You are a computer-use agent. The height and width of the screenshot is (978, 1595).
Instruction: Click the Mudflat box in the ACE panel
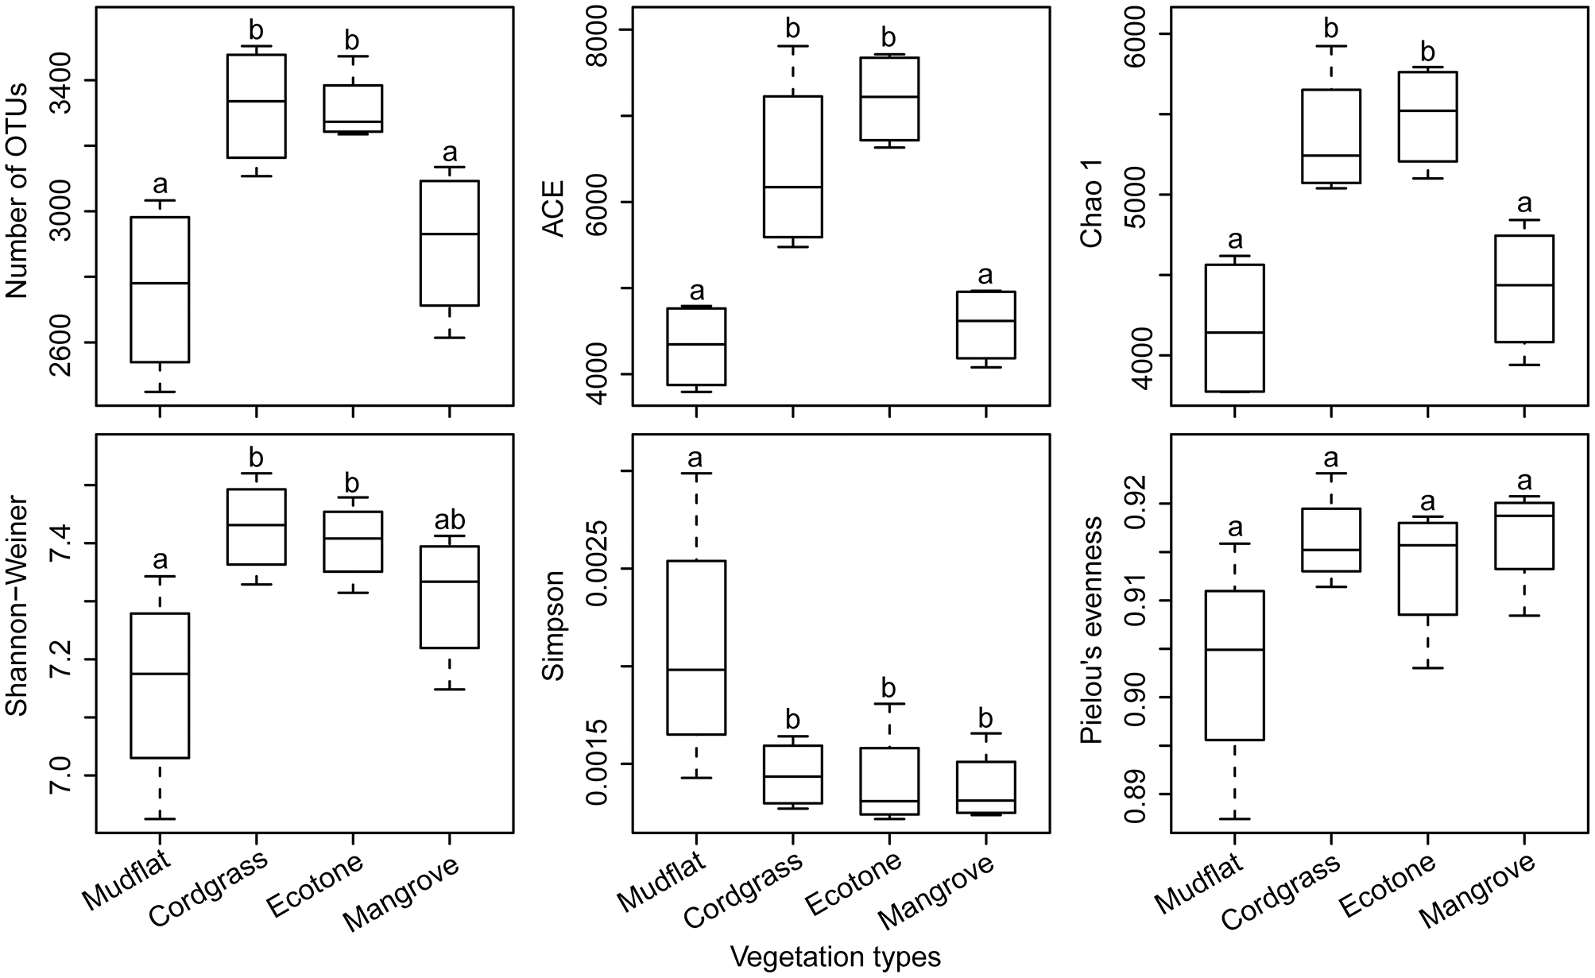(x=695, y=346)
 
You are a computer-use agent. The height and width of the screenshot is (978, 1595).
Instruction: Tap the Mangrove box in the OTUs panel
(x=449, y=243)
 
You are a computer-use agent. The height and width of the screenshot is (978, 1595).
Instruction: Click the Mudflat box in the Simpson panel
(x=695, y=647)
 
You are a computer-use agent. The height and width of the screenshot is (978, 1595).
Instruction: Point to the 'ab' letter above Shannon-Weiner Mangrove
(x=449, y=520)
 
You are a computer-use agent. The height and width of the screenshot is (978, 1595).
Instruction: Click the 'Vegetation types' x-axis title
(x=836, y=957)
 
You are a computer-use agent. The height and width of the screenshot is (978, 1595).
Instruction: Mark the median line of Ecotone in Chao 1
(x=1428, y=110)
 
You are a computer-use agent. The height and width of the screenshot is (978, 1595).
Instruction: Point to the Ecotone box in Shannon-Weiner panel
(x=352, y=542)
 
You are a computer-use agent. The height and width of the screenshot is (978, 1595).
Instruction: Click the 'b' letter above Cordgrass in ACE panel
(x=792, y=29)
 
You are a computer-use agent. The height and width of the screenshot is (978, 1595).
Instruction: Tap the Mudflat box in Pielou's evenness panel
(x=1234, y=665)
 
